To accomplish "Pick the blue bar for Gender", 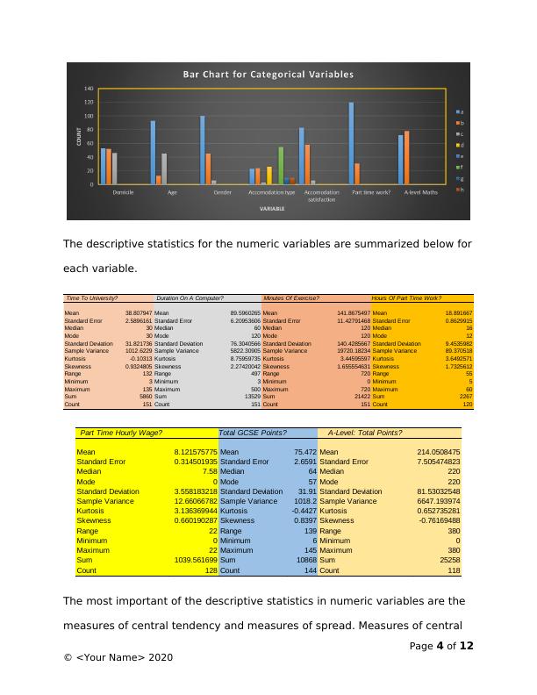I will [202, 150].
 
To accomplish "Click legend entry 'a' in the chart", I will [460, 111].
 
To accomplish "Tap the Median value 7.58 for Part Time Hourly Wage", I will [205, 470].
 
